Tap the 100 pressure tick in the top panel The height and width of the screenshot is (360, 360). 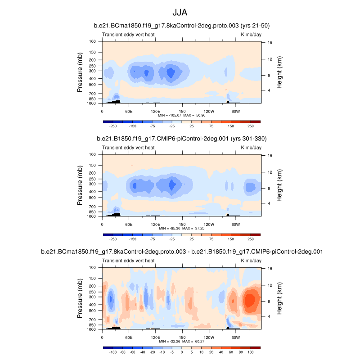(93, 41)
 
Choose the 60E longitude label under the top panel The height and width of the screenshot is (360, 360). (129, 111)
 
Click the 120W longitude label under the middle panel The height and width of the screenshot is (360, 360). (209, 224)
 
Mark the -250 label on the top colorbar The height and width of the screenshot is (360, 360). (113, 126)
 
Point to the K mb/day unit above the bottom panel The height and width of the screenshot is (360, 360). (251, 260)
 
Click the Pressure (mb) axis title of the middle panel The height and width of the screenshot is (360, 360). (80, 185)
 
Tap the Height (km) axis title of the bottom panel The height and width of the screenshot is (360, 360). (279, 298)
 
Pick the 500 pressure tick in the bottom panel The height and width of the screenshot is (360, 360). (93, 310)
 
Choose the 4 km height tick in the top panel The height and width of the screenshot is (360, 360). (270, 90)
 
